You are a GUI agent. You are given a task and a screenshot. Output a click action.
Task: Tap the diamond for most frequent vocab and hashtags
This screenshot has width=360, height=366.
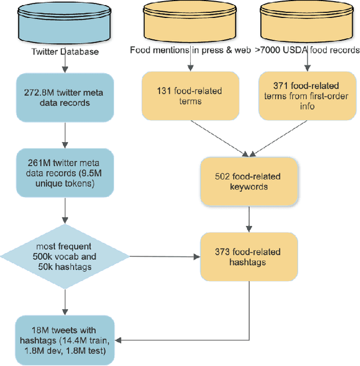65,256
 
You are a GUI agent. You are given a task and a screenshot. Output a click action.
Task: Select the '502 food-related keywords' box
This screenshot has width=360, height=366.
247,182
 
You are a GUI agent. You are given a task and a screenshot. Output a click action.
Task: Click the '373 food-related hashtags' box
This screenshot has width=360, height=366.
247,257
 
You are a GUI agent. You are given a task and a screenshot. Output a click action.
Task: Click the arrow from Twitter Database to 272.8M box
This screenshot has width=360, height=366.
65,64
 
